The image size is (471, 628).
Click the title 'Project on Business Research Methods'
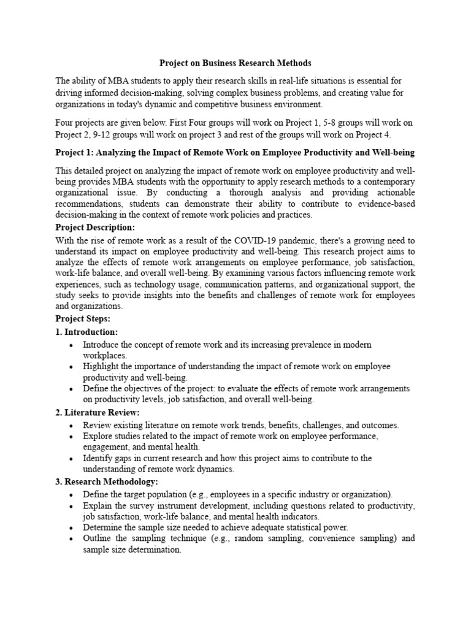[x=235, y=63]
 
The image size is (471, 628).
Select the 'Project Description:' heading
[x=95, y=228]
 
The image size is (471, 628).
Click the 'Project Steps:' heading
[x=82, y=319]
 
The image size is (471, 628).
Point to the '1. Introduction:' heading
[x=86, y=332]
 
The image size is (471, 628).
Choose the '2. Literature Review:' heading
[x=98, y=412]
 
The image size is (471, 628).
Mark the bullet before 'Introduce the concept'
[x=72, y=345]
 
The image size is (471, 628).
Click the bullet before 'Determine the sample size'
[x=72, y=527]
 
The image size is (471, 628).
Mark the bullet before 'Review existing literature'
[x=72, y=425]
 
